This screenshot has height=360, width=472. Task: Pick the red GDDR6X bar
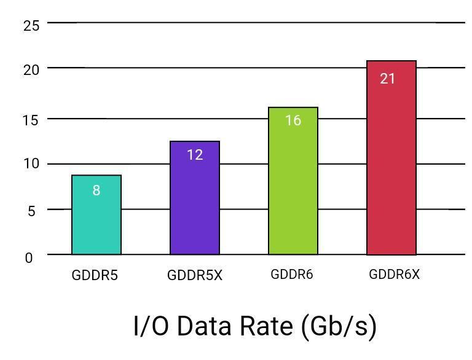coord(391,166)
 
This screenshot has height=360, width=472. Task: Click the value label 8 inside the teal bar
coord(96,190)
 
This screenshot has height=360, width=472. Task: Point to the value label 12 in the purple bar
coord(195,155)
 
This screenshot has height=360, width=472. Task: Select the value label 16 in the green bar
coord(293,120)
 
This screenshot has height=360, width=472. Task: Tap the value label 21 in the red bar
coord(387,79)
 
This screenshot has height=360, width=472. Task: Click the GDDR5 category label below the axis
coord(95,275)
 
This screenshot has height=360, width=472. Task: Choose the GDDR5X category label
coord(195,275)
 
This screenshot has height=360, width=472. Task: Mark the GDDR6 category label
coord(292,274)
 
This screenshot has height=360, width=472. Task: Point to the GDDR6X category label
coord(394,274)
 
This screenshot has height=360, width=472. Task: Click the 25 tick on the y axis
coord(31,25)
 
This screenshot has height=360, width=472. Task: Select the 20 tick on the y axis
coord(31,69)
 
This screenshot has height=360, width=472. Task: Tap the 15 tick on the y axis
coord(31,119)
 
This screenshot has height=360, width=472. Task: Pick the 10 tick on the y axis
coord(31,164)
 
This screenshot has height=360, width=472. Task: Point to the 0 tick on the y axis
coord(29,258)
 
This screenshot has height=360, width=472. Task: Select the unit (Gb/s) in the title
coord(339,326)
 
